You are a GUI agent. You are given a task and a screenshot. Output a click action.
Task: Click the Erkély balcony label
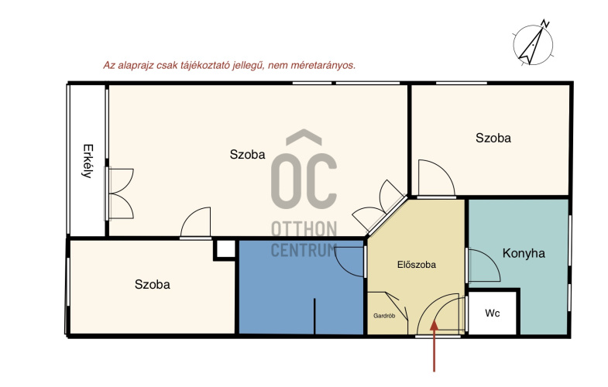point(88,161)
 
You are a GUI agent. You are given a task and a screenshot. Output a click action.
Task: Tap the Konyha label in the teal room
point(524,253)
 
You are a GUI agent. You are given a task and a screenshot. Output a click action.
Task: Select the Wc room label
point(493,313)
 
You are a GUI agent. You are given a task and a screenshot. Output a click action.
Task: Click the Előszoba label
point(417,265)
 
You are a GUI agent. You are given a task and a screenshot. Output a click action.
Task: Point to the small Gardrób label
point(384,316)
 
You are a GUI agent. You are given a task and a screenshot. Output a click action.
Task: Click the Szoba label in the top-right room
point(493,138)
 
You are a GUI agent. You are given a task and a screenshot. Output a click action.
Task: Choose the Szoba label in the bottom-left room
point(153,284)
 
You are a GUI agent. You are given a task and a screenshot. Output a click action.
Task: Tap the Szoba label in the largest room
point(247,154)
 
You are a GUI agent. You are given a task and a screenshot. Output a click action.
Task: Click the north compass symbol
point(534,43)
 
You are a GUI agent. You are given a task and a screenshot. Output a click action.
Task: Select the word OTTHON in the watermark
point(304,229)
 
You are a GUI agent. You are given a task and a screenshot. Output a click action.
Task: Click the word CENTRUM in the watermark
point(304,250)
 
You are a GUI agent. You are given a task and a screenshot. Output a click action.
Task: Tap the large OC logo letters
point(304,180)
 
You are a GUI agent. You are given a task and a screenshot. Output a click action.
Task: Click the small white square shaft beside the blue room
point(225,249)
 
